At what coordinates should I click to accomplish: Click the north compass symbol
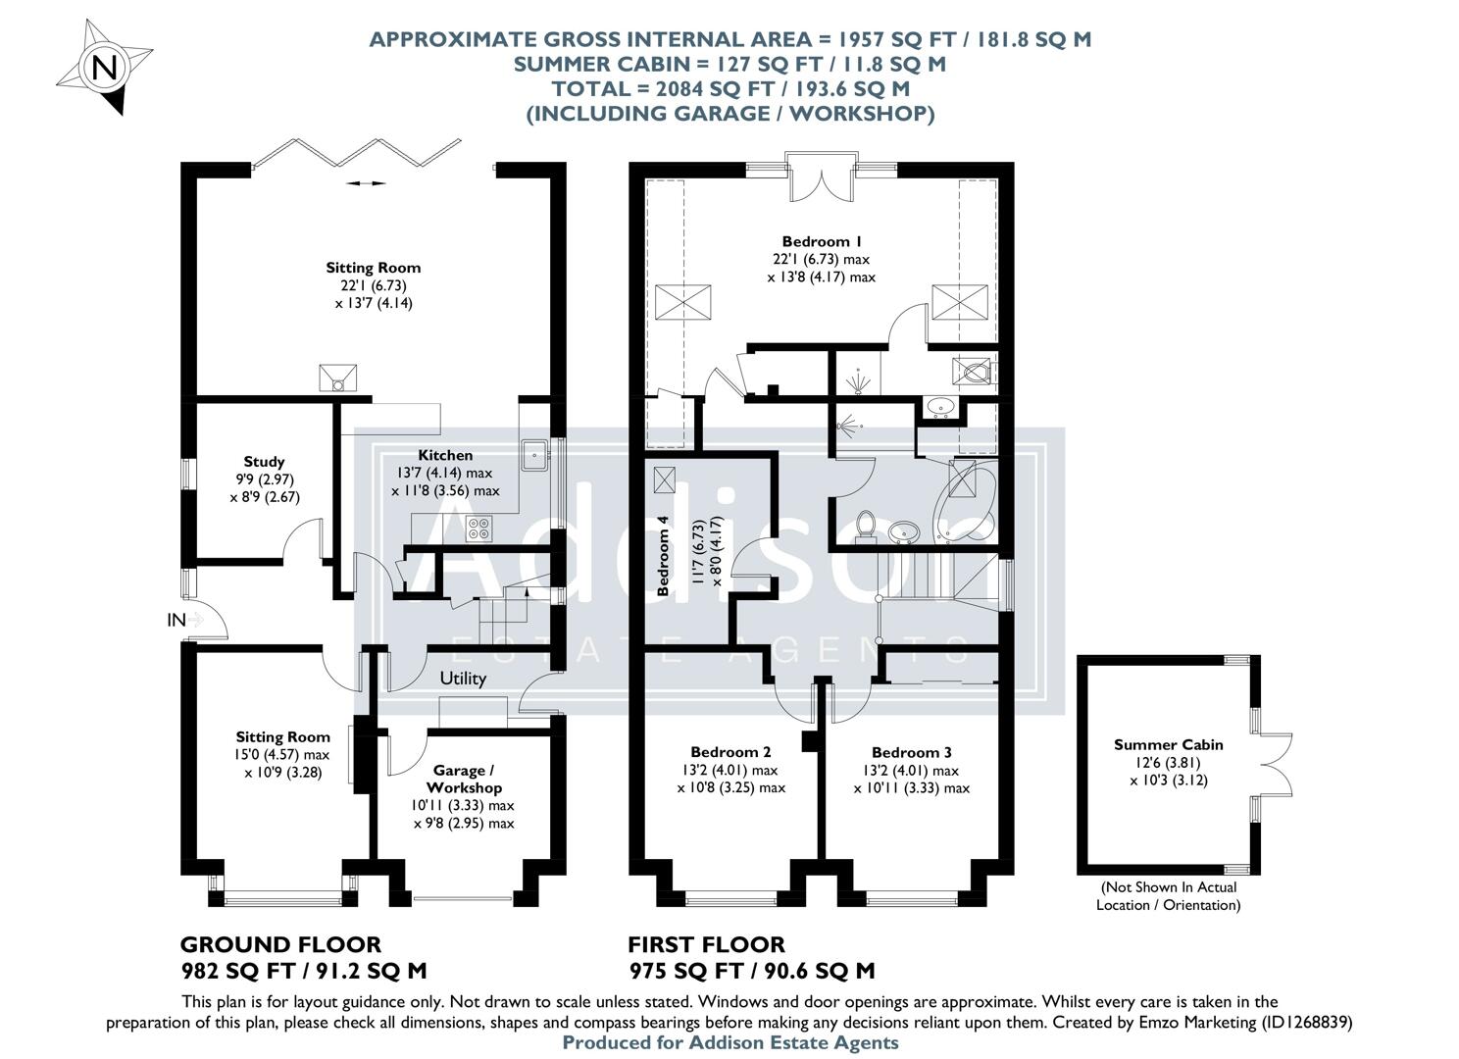pos(104,68)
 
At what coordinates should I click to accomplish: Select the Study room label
pos(264,461)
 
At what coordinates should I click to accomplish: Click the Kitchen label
pos(445,455)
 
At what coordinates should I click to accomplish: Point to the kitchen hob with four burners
pos(480,529)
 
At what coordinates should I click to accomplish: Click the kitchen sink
pos(534,454)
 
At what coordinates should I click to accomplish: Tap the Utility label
pos(463,678)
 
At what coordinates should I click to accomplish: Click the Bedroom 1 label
pos(822,241)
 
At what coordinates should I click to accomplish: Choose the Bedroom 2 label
pos(730,752)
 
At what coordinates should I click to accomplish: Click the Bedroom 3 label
pos(911,752)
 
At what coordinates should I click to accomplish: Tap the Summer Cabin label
pos(1168,744)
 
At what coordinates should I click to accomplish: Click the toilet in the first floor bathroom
pos(866,524)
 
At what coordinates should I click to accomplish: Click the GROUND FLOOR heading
pos(280,944)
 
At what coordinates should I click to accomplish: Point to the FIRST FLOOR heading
pos(706,944)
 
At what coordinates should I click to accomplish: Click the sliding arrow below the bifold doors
pos(366,183)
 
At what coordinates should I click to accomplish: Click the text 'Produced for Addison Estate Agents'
pos(729,1042)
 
